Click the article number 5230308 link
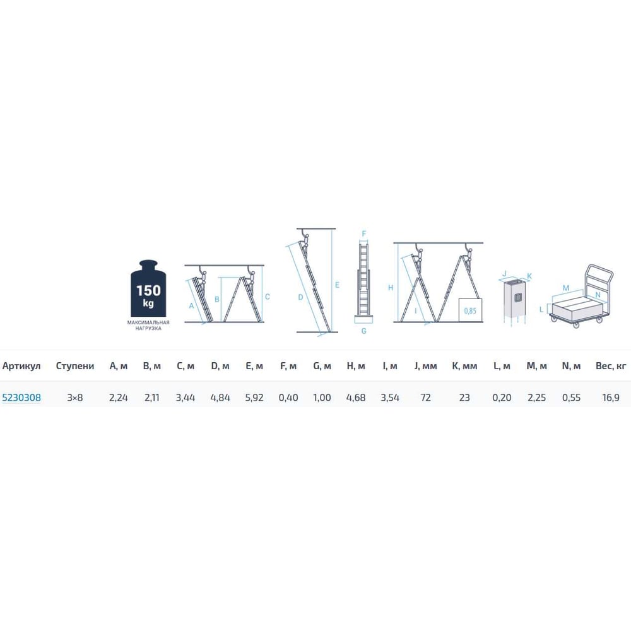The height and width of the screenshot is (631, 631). coord(21,398)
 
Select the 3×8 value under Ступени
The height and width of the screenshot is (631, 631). coord(75,398)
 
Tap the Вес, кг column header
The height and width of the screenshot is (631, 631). coord(611,366)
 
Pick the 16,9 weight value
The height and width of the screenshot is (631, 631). coord(611,398)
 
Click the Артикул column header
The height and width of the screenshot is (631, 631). coord(21,366)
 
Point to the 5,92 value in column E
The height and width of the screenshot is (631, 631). coord(254,398)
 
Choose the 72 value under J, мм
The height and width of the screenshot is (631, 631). coord(425,398)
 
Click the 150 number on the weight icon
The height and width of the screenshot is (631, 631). coord(148,290)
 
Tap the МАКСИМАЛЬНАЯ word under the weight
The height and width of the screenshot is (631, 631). coord(148,322)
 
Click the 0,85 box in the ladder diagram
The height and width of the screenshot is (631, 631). coord(470,310)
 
